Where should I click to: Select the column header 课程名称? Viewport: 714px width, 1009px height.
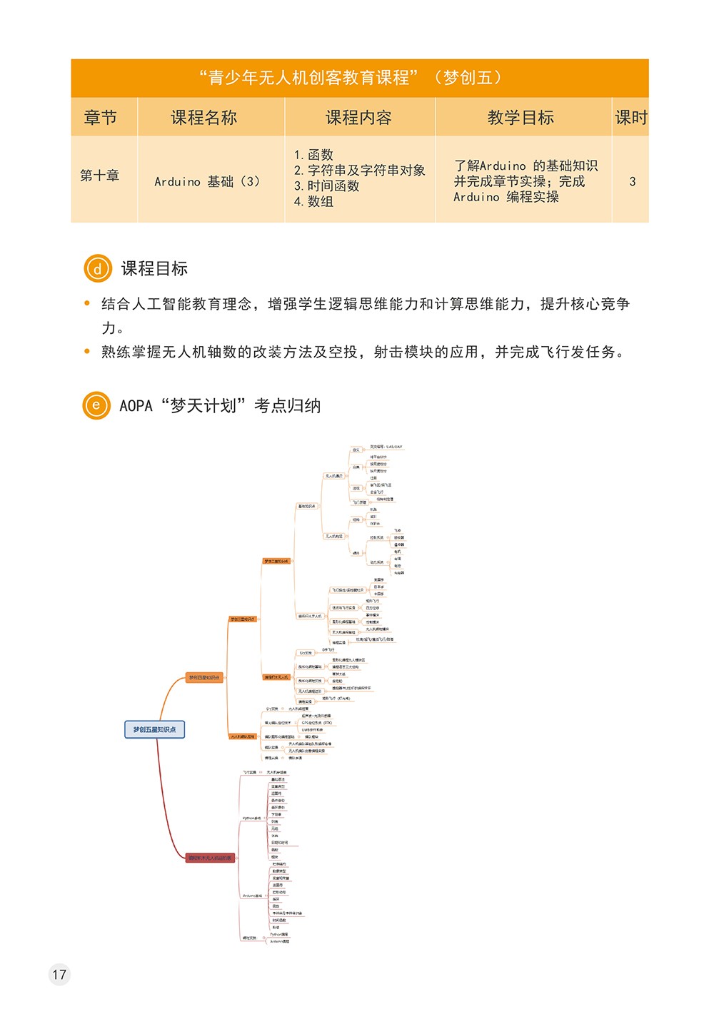coord(203,118)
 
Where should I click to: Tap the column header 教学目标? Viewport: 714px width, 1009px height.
coord(521,118)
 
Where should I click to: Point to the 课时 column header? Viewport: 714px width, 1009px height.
coord(630,118)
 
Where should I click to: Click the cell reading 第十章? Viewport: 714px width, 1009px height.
coord(100,176)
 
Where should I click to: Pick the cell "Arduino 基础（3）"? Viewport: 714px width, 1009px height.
coord(207,182)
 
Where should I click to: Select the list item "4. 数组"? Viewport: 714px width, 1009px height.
coord(313,202)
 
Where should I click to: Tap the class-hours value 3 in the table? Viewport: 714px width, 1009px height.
coord(632,182)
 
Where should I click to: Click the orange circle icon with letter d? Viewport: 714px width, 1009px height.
coord(98,269)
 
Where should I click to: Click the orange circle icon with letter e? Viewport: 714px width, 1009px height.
coord(96,405)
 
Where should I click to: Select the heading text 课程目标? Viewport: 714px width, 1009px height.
coord(154,269)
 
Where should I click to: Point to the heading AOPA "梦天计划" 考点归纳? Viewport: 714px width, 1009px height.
coord(220,406)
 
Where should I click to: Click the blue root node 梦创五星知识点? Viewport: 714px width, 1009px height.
coord(154,729)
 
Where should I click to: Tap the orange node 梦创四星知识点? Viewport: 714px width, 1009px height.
coord(204,677)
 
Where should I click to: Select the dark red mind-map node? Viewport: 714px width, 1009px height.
coord(210,858)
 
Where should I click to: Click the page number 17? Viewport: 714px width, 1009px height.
coord(59,974)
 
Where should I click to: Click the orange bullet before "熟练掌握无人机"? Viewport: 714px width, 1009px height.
coord(87,352)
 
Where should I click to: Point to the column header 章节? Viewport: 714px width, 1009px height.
coord(100,118)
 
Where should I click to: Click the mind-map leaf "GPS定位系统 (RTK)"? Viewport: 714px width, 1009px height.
coord(316,723)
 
